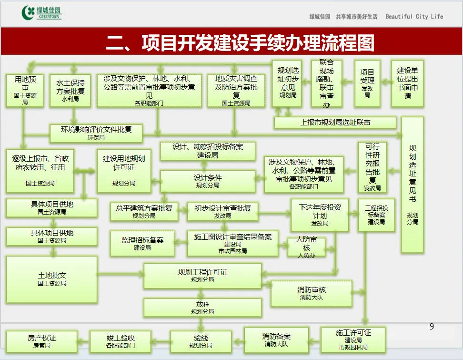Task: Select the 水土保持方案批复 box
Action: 70,90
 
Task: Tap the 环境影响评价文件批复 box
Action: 96,133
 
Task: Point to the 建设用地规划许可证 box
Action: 124,170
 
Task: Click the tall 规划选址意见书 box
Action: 413,185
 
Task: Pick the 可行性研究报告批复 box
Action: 372,167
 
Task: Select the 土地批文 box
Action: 52,279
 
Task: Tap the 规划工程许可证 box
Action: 202,276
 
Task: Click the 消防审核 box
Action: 312,293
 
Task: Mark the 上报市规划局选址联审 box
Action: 335,123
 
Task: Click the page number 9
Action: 432,327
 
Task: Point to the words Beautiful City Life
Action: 414,17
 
